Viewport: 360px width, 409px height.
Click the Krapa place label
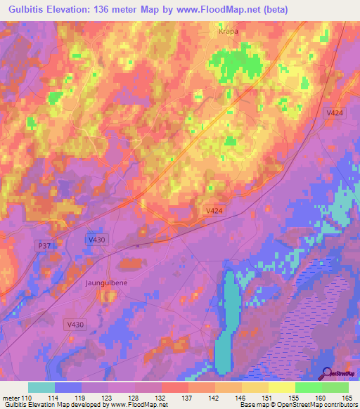(x=226, y=32)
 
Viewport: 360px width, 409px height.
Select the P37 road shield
(x=44, y=244)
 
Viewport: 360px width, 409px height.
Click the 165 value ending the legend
(x=347, y=398)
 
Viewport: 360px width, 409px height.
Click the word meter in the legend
(x=11, y=398)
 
